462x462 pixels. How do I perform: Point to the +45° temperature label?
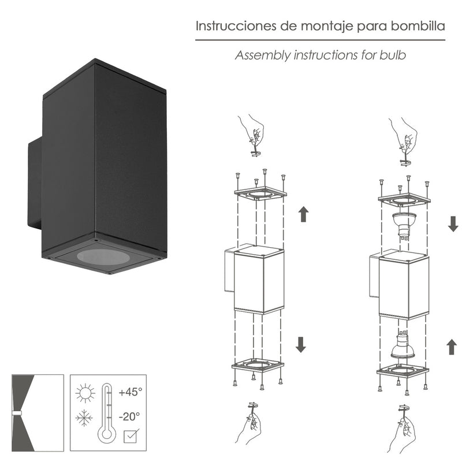[x=130, y=392]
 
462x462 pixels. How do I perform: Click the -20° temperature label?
[x=129, y=415]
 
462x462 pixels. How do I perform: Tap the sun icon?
[x=85, y=394]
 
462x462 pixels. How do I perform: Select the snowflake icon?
[x=84, y=418]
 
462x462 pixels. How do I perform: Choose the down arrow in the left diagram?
[x=300, y=344]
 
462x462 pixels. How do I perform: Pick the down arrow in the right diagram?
[x=453, y=224]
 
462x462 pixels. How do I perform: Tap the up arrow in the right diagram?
[x=450, y=347]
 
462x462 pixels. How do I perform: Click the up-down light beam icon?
[x=37, y=412]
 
